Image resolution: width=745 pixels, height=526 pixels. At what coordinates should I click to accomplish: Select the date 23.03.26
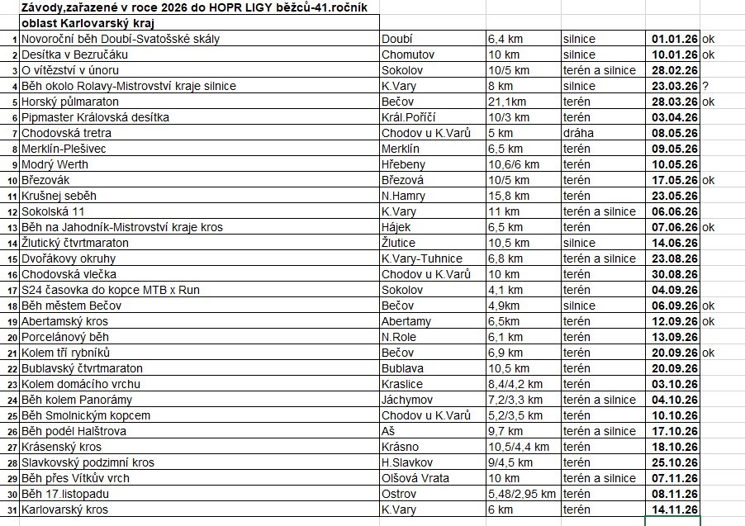point(675,86)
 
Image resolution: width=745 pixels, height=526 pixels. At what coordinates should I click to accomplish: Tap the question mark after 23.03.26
point(706,86)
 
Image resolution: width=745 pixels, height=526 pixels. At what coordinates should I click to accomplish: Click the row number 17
point(12,290)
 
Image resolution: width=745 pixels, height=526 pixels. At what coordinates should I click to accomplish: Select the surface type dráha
point(578,133)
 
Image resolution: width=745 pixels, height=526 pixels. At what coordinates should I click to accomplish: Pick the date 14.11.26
point(675,509)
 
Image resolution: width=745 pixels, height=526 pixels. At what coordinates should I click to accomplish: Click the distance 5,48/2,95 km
point(522,494)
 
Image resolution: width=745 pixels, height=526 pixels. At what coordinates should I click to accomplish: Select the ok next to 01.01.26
point(709,39)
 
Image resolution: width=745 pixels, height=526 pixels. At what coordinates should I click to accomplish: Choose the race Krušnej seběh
point(59,196)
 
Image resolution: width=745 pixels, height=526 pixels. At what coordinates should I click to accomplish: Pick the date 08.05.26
point(675,133)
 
